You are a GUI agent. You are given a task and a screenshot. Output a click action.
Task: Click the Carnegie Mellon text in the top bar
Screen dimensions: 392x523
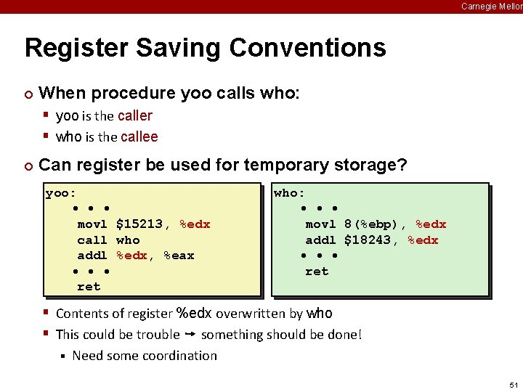point(491,7)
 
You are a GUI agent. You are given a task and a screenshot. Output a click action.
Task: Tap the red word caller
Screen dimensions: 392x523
point(135,115)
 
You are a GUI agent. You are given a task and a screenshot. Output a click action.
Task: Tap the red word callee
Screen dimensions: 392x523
point(139,136)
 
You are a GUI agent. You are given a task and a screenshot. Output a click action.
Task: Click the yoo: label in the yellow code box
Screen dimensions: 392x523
point(61,193)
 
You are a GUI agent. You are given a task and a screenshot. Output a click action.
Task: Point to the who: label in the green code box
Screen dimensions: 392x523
point(290,193)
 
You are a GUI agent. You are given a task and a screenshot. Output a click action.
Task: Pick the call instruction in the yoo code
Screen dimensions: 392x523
point(92,240)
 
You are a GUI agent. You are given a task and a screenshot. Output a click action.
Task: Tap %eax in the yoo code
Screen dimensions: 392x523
point(179,256)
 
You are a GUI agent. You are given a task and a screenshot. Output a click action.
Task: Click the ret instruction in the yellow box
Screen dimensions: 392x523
point(89,287)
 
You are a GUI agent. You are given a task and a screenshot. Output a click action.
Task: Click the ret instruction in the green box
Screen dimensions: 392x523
point(317,271)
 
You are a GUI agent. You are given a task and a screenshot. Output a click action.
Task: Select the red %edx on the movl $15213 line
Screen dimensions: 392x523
point(195,224)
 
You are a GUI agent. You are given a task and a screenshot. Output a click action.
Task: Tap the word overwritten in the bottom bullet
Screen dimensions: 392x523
point(259,314)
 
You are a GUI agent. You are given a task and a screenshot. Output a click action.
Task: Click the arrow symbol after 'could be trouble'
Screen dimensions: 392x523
point(190,335)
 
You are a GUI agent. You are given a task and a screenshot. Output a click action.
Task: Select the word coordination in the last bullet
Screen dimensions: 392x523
point(179,356)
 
